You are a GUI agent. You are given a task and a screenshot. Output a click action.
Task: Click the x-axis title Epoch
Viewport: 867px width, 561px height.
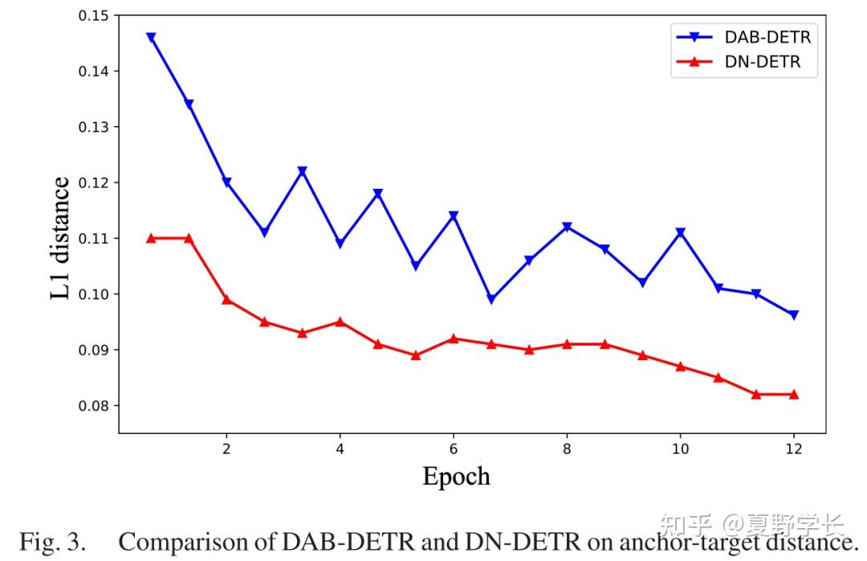click(456, 476)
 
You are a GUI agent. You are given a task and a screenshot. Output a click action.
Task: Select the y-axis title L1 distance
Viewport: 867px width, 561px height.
click(61, 239)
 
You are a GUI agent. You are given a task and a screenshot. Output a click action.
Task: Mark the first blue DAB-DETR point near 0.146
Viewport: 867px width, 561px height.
click(151, 38)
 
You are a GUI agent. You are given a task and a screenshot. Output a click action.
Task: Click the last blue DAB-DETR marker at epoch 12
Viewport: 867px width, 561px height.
click(794, 315)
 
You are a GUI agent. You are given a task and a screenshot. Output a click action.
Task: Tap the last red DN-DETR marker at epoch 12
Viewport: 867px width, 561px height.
click(794, 394)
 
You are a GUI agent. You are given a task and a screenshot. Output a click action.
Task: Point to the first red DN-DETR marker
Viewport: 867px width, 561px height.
click(151, 238)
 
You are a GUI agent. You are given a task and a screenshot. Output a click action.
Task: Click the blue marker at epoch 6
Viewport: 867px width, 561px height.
click(454, 216)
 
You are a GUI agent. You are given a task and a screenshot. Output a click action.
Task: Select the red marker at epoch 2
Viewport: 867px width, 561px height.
click(226, 299)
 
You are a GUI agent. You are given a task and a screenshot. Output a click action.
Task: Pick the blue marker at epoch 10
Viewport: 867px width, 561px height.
click(681, 233)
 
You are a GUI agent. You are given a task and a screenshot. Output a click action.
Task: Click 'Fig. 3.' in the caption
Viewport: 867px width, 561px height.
click(52, 542)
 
